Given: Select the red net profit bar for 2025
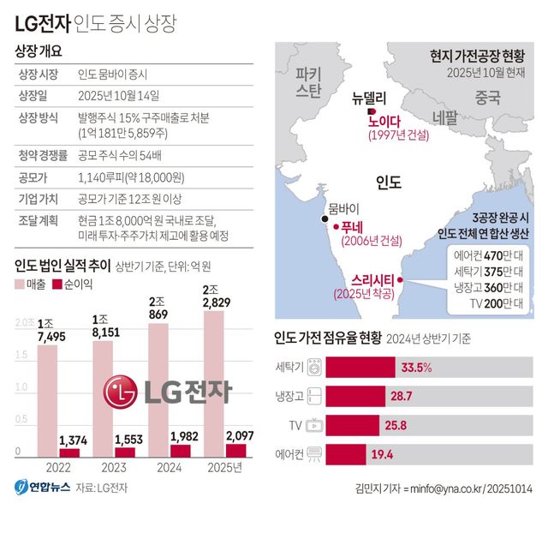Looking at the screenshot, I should [x=235, y=450].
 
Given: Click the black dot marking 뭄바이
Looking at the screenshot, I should [x=325, y=221].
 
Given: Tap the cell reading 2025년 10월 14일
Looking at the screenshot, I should [x=117, y=95].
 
